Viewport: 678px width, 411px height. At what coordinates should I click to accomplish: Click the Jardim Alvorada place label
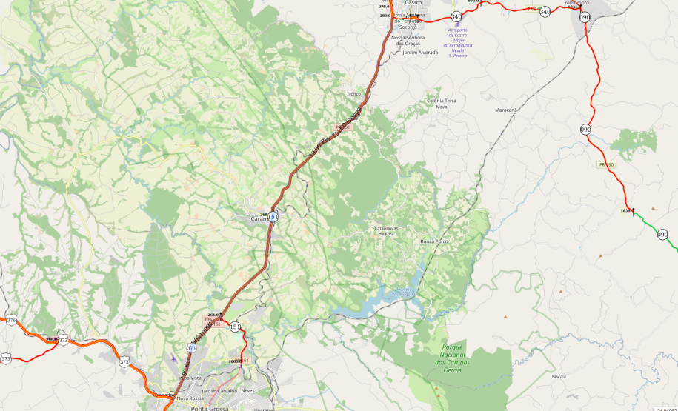[x=420, y=53]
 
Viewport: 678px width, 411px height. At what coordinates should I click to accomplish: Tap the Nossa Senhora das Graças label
[x=410, y=40]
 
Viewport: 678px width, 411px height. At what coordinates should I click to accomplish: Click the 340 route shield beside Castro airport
[x=456, y=16]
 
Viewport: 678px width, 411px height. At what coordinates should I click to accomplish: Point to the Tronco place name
[x=354, y=94]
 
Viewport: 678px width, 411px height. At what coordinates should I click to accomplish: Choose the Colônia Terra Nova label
[x=442, y=103]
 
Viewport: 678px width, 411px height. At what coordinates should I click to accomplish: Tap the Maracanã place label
[x=505, y=110]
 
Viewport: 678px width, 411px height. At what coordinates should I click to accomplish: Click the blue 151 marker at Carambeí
[x=273, y=216]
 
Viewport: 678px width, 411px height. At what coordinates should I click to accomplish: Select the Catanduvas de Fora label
[x=386, y=231]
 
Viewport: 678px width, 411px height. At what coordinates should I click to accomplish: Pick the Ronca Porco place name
[x=434, y=241]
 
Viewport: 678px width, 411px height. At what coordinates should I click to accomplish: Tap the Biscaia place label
[x=559, y=376]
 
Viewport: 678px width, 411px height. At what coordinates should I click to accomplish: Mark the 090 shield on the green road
[x=662, y=234]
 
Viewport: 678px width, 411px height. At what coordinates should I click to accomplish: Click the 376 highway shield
[x=11, y=321]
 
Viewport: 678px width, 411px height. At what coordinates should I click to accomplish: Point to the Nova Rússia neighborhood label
[x=190, y=398]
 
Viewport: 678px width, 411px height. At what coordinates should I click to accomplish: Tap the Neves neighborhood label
[x=247, y=390]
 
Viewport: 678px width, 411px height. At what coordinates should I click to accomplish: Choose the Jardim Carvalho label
[x=219, y=390]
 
